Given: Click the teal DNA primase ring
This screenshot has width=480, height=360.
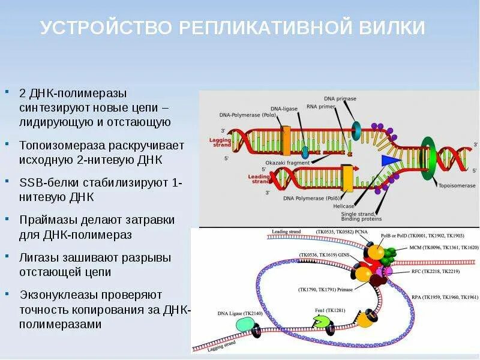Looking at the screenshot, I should pos(356,128).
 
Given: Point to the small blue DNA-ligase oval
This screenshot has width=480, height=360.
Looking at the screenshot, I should pos(305,150).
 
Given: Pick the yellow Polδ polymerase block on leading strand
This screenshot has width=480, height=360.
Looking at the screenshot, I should pos(346,177).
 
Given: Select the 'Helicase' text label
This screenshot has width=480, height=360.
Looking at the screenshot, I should pos(344,206).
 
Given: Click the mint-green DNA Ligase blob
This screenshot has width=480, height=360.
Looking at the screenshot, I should pos(245,324).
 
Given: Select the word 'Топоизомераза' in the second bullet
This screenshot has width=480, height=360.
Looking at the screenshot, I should pos(56,145).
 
